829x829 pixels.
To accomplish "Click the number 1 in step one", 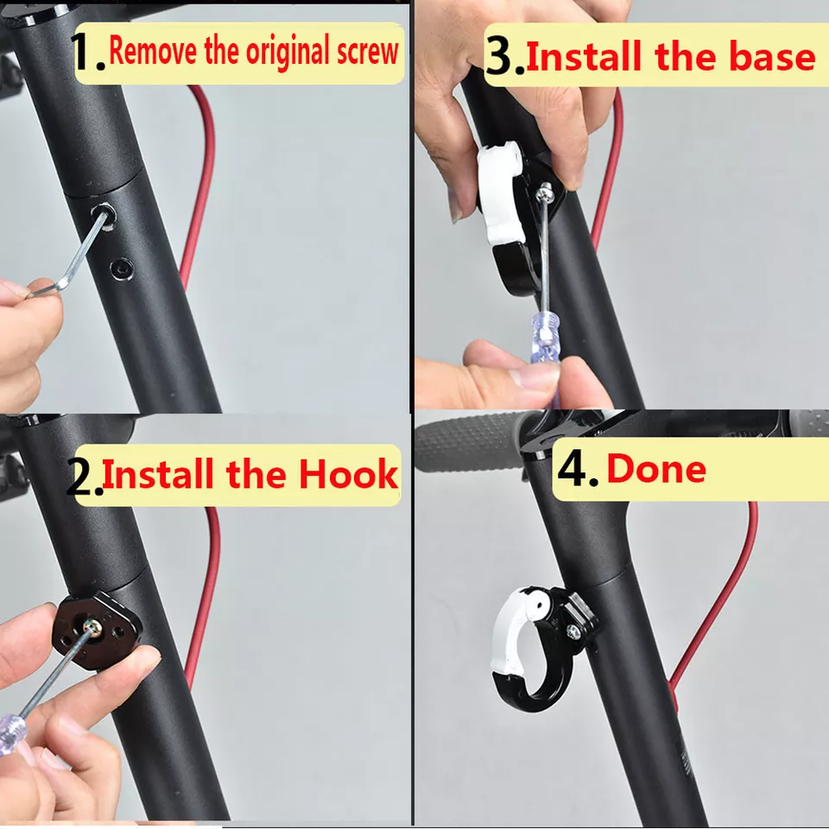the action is point(83,51).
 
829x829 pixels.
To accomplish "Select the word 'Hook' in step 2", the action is point(348,474).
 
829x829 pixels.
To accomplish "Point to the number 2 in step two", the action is point(79,478).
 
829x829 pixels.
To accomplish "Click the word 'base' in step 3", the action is point(772,56).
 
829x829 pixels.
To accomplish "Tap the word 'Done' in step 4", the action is point(656,468).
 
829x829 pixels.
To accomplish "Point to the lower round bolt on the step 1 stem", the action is point(122,269).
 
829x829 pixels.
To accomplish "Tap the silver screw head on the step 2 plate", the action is point(92,627).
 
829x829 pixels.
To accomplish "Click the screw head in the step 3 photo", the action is point(545,193).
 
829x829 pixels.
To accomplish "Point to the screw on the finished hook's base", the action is point(573,630).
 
